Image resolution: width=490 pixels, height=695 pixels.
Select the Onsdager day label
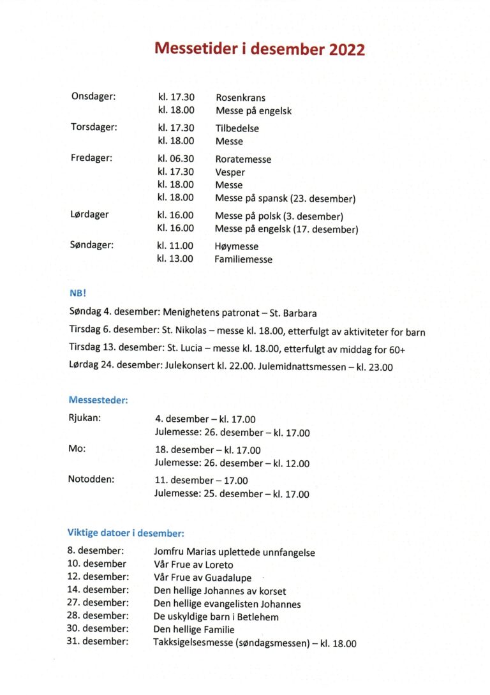tap(93, 96)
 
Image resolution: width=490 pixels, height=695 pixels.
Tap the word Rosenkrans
tap(241, 98)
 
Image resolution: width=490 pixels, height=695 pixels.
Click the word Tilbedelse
tap(237, 128)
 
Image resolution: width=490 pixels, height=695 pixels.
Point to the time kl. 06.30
tap(175, 159)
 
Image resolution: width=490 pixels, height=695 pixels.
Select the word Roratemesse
tap(243, 160)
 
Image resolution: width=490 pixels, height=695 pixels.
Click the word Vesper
tap(230, 172)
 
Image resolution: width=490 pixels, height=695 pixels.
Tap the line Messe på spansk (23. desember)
tap(285, 198)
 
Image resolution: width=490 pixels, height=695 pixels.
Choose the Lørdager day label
tap(89, 215)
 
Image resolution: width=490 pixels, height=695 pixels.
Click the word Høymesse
tap(237, 246)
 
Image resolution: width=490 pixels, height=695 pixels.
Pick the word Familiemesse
tap(244, 260)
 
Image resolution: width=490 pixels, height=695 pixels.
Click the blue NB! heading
tap(78, 294)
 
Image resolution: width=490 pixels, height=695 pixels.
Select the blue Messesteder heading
tap(98, 400)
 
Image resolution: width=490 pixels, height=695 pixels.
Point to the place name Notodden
tap(91, 479)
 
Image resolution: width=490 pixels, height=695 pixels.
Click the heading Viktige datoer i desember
tap(126, 533)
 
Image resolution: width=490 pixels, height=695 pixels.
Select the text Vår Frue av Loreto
tap(193, 565)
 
